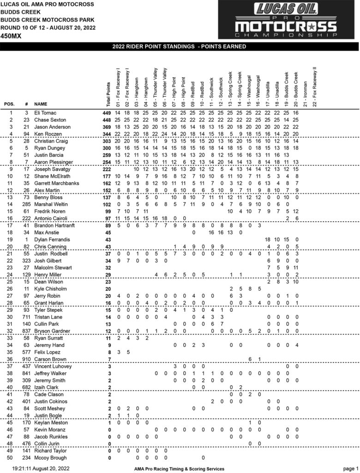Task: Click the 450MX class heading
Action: pyautogui.click(x=10, y=35)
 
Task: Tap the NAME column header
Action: pyautogui.click(x=41, y=104)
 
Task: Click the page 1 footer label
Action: pyautogui.click(x=350, y=468)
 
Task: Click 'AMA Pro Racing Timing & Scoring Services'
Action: pyautogui.click(x=176, y=469)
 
